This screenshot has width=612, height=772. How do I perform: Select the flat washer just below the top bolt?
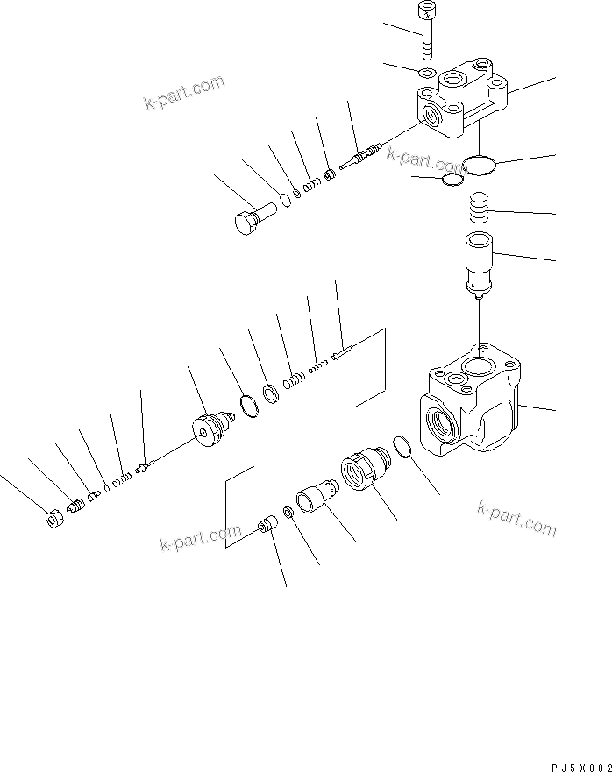pyautogui.click(x=426, y=73)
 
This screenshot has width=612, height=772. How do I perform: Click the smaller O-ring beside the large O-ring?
pyautogui.click(x=452, y=180)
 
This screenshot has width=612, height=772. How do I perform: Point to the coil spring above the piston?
pyautogui.click(x=479, y=211)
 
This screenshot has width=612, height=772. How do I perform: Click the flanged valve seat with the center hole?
pyautogui.click(x=211, y=428)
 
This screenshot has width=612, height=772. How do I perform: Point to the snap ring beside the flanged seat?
pyautogui.click(x=249, y=407)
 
